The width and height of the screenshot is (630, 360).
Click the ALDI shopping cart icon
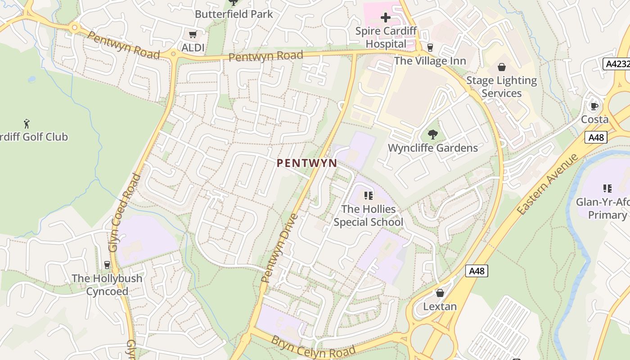tap(193, 35)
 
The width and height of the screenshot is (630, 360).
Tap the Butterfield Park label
tap(234, 14)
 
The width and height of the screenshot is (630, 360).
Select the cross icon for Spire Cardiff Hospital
tap(386, 18)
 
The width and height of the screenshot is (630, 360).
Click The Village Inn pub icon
tap(430, 48)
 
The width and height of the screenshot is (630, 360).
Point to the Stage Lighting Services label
tap(501, 87)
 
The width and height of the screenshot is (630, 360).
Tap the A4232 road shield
tap(616, 63)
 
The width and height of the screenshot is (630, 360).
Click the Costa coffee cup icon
tap(594, 107)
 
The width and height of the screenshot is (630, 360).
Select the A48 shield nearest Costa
tap(596, 137)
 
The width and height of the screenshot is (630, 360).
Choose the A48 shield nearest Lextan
tap(477, 271)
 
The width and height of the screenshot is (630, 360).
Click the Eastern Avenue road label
tap(547, 184)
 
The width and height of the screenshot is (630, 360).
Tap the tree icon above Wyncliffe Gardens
tap(432, 134)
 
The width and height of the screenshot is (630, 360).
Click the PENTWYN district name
tap(307, 163)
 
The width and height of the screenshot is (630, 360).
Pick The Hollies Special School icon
tap(369, 196)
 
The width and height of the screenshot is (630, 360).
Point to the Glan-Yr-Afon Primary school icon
tap(607, 189)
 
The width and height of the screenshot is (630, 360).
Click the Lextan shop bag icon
tap(440, 293)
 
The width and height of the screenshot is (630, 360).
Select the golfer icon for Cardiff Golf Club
tap(27, 123)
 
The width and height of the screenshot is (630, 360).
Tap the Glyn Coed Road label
tap(125, 212)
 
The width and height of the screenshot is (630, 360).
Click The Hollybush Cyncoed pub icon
tap(107, 265)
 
